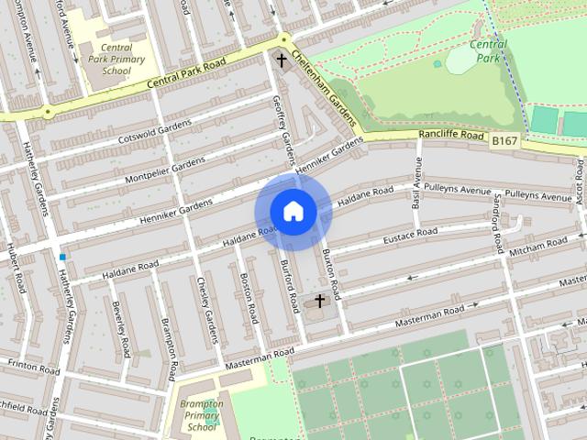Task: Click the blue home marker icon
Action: click(x=293, y=212)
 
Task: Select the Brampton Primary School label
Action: click(x=201, y=415)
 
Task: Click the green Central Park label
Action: click(x=488, y=50)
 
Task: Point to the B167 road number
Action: click(x=503, y=140)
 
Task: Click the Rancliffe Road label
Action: click(x=451, y=135)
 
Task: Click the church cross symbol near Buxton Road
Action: click(x=320, y=301)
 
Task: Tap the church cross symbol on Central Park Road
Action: click(x=282, y=60)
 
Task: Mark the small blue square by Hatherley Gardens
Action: click(x=62, y=258)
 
